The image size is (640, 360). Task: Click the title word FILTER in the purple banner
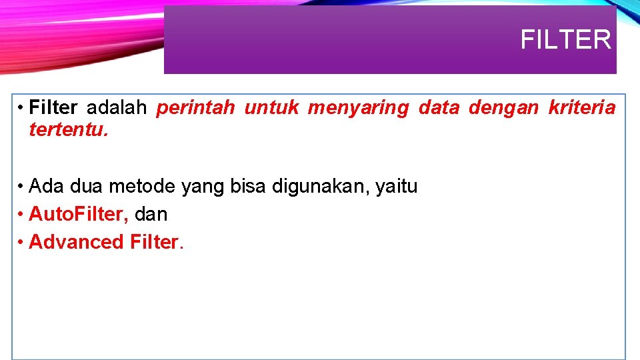(x=565, y=40)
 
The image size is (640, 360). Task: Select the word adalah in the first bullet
(x=116, y=108)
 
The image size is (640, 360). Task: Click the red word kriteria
(x=581, y=108)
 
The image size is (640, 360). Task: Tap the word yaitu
(x=397, y=187)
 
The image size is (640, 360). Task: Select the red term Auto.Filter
(x=79, y=214)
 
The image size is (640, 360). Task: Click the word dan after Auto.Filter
(x=151, y=214)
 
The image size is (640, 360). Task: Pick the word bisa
(x=248, y=187)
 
